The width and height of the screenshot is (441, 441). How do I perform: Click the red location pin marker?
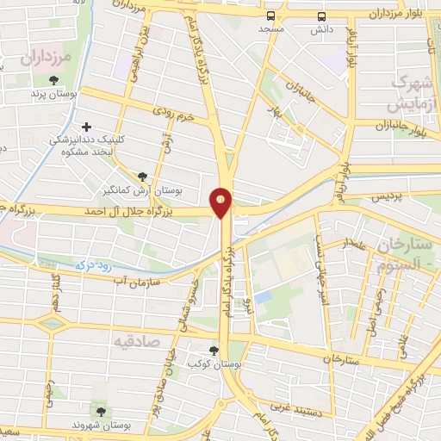pos(221,202)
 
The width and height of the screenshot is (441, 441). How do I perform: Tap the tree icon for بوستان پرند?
pos(54,80)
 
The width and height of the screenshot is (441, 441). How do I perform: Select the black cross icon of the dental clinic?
pos(86,127)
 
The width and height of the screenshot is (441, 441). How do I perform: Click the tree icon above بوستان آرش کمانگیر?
pos(141,175)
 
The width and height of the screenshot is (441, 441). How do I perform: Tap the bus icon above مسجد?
pos(271,16)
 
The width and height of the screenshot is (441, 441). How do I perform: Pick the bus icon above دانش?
pos(321,16)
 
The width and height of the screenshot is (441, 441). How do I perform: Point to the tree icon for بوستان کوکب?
pos(214,350)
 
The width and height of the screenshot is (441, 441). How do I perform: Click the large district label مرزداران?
pos(43,59)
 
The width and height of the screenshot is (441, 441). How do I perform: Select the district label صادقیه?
pos(136,341)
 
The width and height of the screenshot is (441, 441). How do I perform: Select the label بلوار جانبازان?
pos(401,127)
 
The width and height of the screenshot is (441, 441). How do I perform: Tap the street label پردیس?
pos(387,198)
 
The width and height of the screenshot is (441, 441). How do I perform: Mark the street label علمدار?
pos(356,245)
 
